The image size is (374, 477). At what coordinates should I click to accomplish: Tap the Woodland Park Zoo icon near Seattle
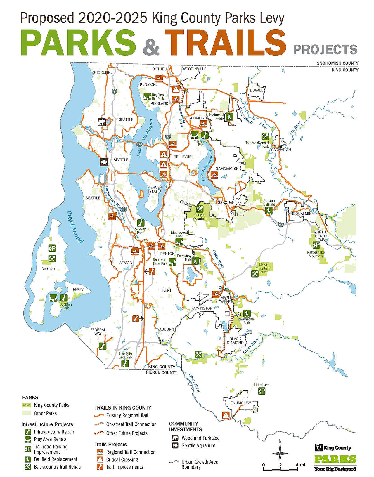[101, 122]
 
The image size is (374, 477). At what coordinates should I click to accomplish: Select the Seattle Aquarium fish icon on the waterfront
[104, 162]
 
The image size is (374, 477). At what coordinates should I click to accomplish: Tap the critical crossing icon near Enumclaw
[226, 415]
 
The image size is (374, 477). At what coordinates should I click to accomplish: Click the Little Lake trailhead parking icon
[262, 391]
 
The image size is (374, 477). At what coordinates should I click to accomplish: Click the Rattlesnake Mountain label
[316, 254]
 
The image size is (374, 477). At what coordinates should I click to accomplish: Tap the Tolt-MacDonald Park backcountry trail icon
[265, 136]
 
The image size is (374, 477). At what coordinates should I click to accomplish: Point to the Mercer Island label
[155, 189]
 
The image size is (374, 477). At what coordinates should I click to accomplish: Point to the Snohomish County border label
[337, 63]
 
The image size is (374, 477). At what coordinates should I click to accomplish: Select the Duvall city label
[256, 90]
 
